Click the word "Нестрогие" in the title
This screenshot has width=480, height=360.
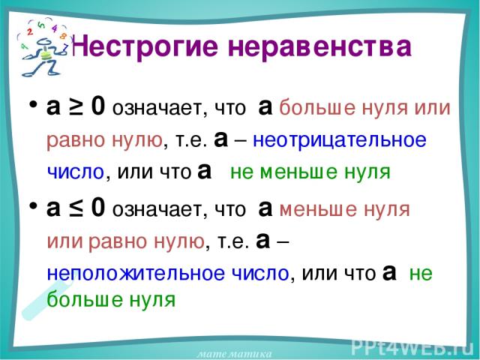[x=146, y=47]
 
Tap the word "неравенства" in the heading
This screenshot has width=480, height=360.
[x=319, y=47]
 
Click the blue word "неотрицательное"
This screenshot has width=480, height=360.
[x=340, y=140]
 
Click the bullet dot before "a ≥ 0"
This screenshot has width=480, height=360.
[x=33, y=103]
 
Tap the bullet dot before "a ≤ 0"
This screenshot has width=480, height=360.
[x=33, y=205]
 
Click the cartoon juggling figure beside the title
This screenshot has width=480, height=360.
[x=43, y=48]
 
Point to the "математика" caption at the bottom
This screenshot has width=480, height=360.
[x=234, y=355]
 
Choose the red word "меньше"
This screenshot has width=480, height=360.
[x=318, y=210]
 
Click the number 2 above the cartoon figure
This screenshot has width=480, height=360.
[x=30, y=31]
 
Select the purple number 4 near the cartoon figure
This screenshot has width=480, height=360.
[x=55, y=29]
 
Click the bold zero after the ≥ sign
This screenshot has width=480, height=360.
[x=98, y=106]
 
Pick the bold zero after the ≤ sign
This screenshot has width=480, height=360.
[x=98, y=208]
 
